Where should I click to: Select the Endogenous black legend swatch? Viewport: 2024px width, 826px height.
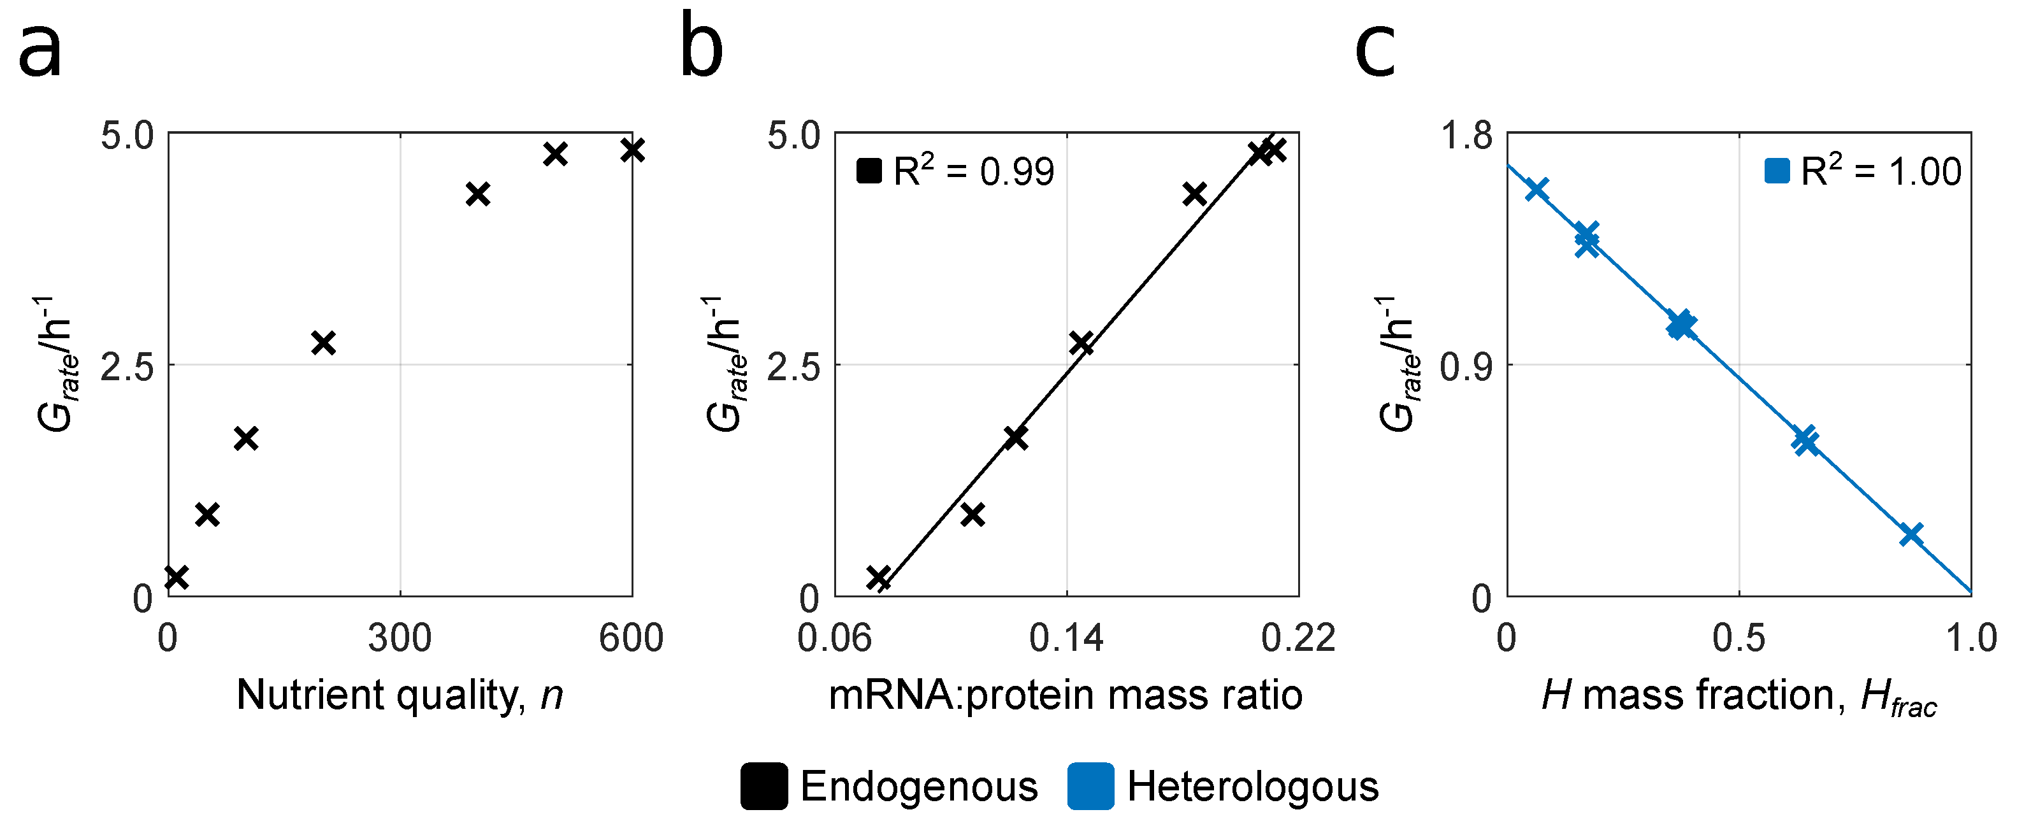[x=763, y=786]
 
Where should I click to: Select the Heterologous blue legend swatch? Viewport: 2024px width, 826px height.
[x=1090, y=786]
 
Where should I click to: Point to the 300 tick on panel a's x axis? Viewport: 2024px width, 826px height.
[x=400, y=637]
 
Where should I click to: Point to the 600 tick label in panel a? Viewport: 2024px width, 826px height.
[x=631, y=637]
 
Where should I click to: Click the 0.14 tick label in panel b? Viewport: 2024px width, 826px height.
[x=1066, y=637]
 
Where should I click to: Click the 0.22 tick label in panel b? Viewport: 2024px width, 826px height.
[x=1298, y=637]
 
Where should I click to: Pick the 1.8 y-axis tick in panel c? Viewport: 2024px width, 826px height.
[x=1466, y=136]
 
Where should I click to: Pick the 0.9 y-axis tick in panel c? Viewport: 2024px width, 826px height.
[x=1466, y=367]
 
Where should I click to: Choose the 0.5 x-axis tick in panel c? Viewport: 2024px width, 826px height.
[x=1738, y=637]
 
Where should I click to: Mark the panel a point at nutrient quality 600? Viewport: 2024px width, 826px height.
[x=632, y=149]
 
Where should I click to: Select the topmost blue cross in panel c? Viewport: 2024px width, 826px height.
[x=1537, y=189]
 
